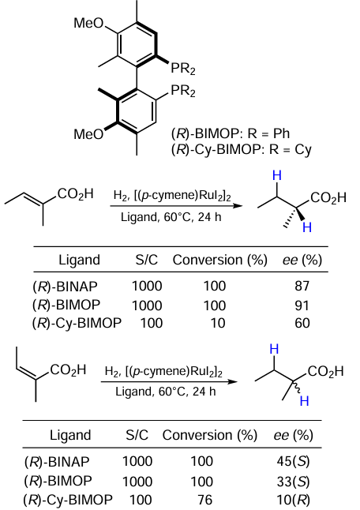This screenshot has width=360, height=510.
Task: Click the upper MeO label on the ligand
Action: coord(88,24)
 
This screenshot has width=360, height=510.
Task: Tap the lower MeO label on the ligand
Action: coord(88,134)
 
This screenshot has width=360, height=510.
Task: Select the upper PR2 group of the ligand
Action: coord(183,69)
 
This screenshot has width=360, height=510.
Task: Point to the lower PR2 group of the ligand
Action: coord(183,91)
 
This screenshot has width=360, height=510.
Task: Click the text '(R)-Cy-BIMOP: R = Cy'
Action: coord(242,150)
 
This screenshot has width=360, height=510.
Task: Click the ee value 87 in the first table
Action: coord(302,287)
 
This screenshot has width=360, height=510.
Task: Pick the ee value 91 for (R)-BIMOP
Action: coord(302,306)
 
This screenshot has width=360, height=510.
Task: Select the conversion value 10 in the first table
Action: coord(218,324)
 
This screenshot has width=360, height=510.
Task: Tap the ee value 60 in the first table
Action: coord(302,324)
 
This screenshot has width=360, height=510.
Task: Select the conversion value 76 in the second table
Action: coord(205,500)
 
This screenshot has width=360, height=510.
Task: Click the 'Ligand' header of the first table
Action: coord(79,261)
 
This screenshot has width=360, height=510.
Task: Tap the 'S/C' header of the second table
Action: coord(137,435)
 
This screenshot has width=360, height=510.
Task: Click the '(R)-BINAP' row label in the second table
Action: coord(57,462)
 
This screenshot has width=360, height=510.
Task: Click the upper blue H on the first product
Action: coord(277,175)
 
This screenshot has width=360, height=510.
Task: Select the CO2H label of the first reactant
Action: coord(76,194)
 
